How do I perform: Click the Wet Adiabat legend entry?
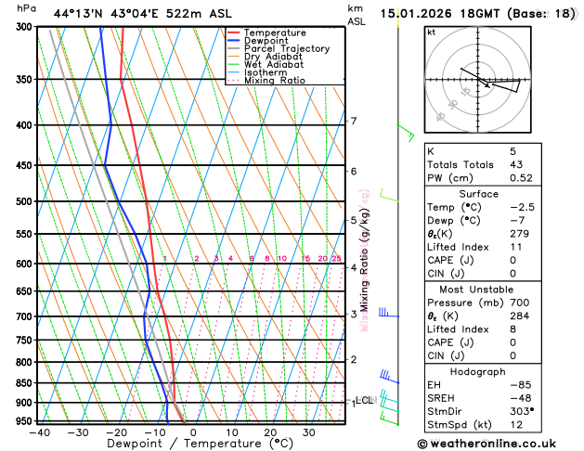click(x=270, y=64)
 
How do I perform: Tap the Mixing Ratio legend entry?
click(x=274, y=80)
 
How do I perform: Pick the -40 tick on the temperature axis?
click(x=39, y=432)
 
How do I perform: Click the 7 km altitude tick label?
click(x=353, y=122)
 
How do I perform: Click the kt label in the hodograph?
click(x=431, y=32)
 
